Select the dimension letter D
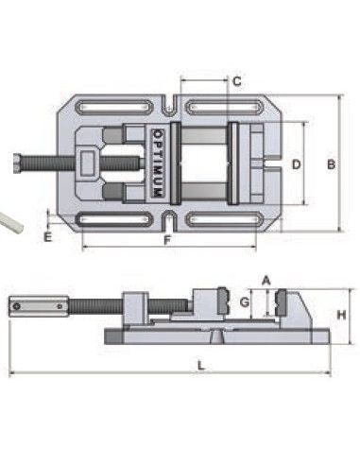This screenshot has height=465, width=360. tap(297, 164)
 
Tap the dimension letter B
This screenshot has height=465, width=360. tap(331, 164)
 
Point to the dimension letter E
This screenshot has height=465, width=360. tap(47, 237)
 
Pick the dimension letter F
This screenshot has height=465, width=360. tap(167, 240)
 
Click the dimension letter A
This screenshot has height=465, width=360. tap(266, 281)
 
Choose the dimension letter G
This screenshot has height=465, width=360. tap(245, 302)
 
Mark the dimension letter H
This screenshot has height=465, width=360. tap(342, 315)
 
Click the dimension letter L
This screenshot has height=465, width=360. tap(201, 366)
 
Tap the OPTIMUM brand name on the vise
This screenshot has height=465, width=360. tap(158, 164)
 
